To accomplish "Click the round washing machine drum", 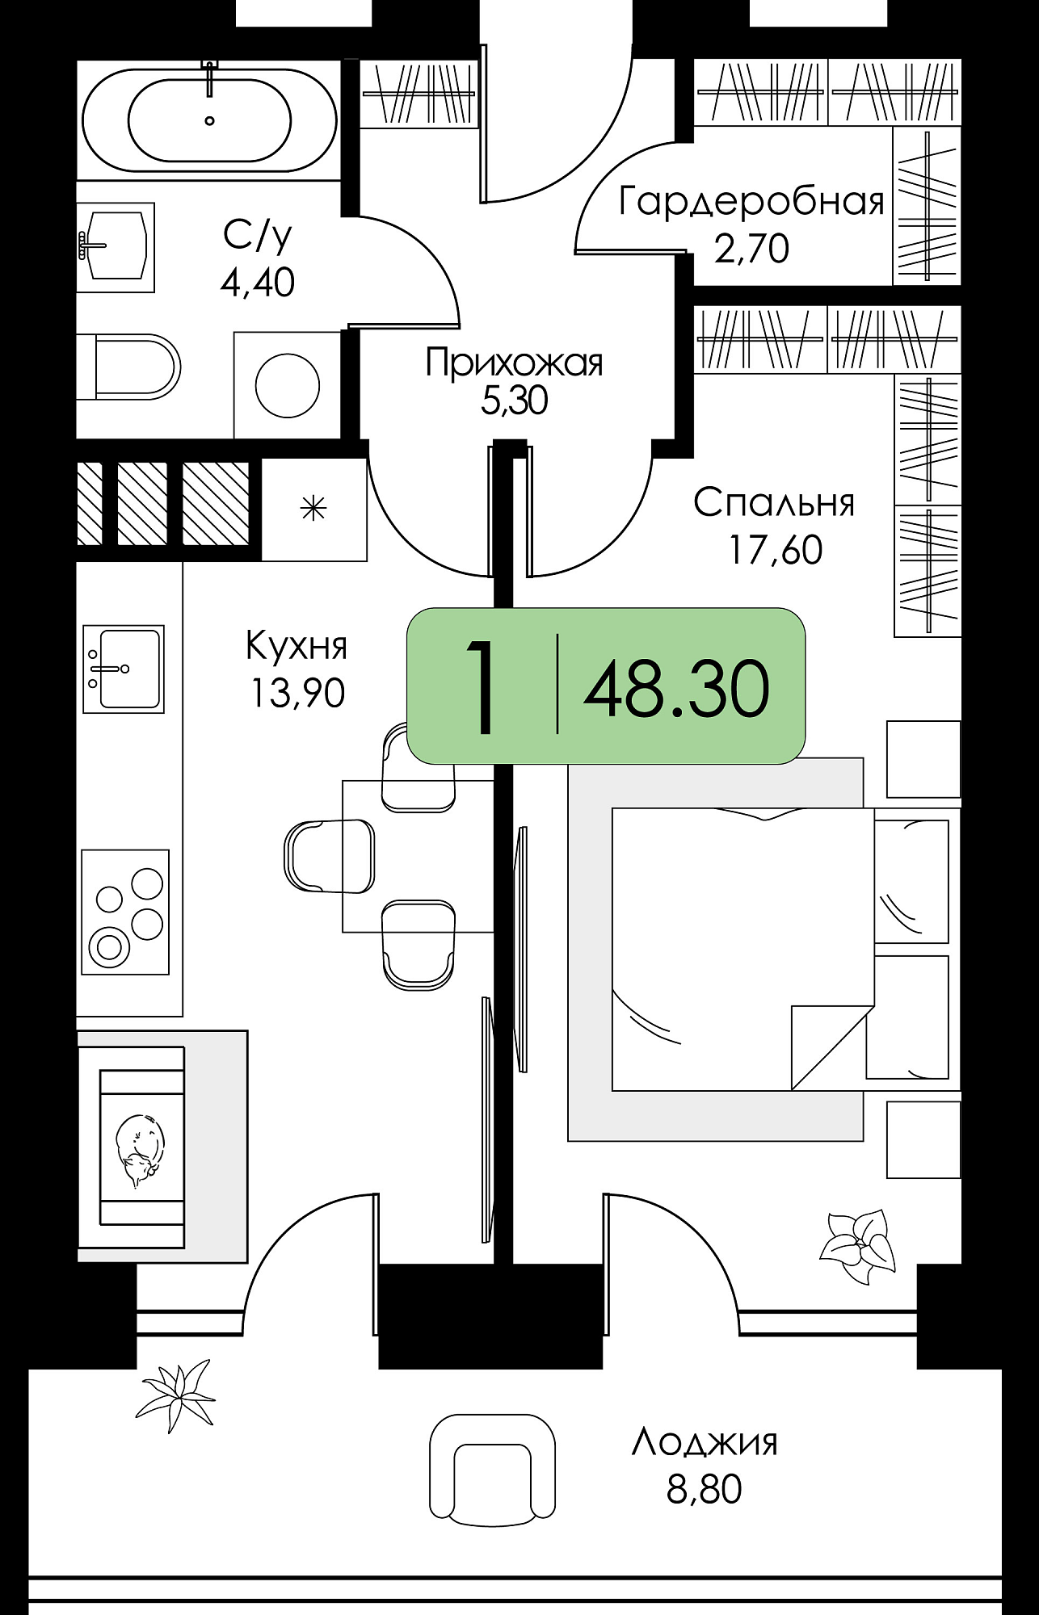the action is pyautogui.click(x=288, y=385).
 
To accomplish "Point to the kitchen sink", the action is pyautogui.click(x=124, y=669).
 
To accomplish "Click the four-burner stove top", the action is pyautogui.click(x=125, y=912).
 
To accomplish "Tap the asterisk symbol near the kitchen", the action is pyautogui.click(x=313, y=508).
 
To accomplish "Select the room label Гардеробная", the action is pyautogui.click(x=751, y=201).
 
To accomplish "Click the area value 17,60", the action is pyautogui.click(x=776, y=551).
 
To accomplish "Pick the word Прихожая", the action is pyautogui.click(x=515, y=363).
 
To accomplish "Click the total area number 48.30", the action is pyautogui.click(x=676, y=688).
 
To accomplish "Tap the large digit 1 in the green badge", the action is pyautogui.click(x=483, y=686).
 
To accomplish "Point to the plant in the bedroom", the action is pyautogui.click(x=858, y=1245).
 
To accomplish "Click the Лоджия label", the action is pyautogui.click(x=705, y=1442).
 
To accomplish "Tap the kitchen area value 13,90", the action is pyautogui.click(x=297, y=693).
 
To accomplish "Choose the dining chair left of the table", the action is pyautogui.click(x=330, y=856).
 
